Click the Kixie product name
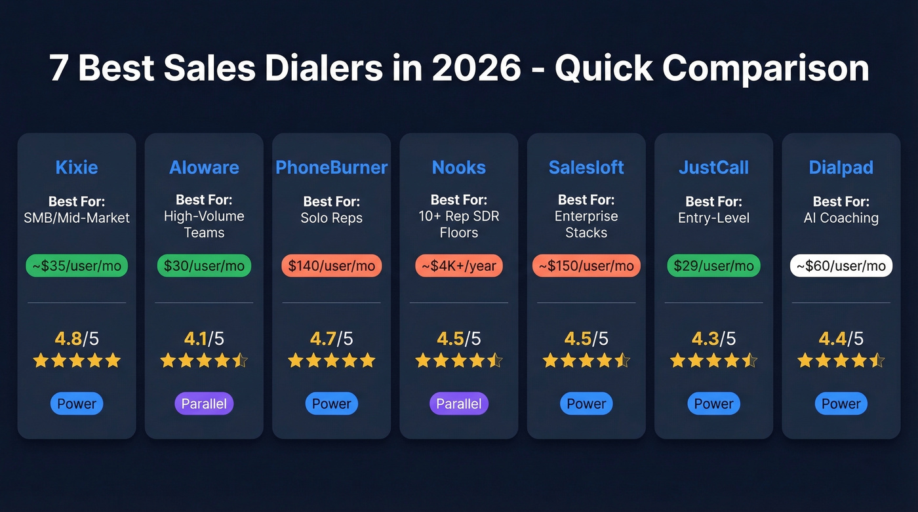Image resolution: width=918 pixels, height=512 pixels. pos(77,167)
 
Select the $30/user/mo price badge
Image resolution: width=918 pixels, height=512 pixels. pos(204,266)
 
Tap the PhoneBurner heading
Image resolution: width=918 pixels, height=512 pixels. pos(331,167)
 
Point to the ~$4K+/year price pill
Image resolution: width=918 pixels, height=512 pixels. pos(459,266)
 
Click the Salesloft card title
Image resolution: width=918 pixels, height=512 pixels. pos(586,167)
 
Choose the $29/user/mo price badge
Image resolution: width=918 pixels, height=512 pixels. pos(713,266)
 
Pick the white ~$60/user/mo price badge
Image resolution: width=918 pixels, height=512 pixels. pos(841,266)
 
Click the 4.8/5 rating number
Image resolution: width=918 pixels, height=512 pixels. pos(77,338)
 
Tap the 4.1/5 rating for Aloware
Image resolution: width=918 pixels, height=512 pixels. pos(204,338)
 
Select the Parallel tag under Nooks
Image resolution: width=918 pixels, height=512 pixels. pos(459,404)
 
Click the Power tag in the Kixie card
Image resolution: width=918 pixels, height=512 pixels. pos(77,404)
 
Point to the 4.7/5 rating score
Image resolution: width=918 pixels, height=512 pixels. pos(331,338)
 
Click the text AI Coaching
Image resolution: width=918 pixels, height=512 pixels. pos(841,218)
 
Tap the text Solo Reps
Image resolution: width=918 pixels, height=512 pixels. pos(331,218)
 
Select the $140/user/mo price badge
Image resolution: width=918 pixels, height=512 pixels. pos(331,266)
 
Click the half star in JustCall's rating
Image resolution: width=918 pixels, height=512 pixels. pos(749,361)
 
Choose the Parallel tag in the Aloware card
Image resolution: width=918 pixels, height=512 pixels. pos(204,404)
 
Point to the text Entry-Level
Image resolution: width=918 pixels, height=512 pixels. pos(713,218)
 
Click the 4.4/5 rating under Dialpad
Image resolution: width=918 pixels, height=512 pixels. pos(841,338)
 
